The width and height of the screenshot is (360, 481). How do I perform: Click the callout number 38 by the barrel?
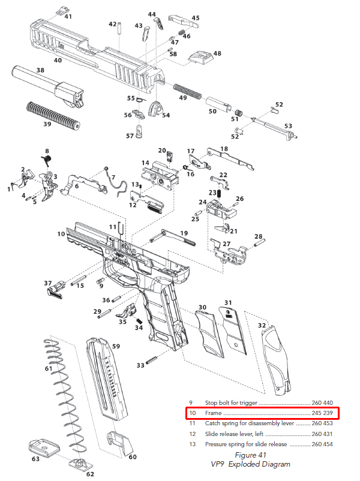pyautogui.click(x=40, y=70)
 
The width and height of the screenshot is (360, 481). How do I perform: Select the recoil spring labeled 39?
pyautogui.click(x=53, y=114)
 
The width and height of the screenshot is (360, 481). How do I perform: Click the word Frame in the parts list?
pyautogui.click(x=214, y=413)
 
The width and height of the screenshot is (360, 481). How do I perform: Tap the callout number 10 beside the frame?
pyautogui.click(x=61, y=233)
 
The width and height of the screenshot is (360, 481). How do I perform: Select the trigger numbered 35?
pyautogui.click(x=127, y=313)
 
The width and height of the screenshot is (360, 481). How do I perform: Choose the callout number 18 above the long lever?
pyautogui.click(x=224, y=148)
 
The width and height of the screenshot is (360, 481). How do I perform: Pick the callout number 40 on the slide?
pyautogui.click(x=58, y=60)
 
